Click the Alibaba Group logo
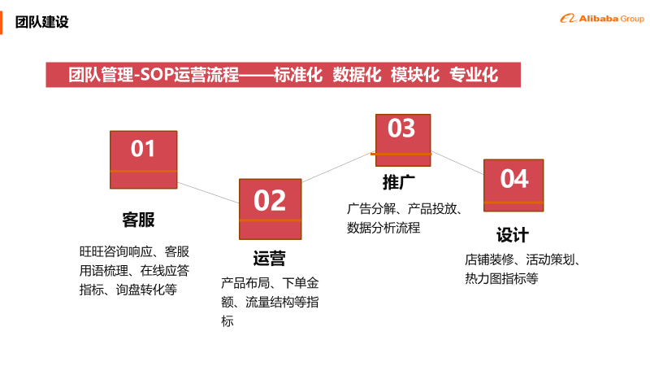602,19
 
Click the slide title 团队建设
42,22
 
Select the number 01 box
144,159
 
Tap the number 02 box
271,209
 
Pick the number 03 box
403,140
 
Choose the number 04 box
513,185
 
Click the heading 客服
138,220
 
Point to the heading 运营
270,258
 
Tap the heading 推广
399,181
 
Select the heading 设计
513,235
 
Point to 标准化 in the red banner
298,75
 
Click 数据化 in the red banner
357,75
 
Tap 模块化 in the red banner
415,75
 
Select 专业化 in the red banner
474,75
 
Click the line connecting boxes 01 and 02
208,193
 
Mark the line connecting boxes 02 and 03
339,167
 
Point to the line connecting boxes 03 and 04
457,163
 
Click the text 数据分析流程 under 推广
383,228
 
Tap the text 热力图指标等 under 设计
501,278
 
